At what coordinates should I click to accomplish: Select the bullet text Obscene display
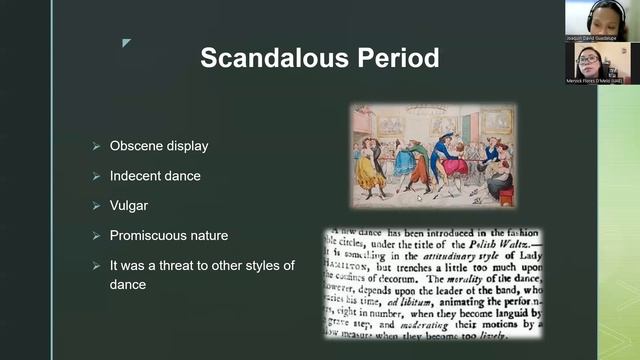tap(159, 146)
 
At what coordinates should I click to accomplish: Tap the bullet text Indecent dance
tap(155, 176)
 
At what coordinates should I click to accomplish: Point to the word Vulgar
tap(128, 206)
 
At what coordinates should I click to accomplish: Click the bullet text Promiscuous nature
tap(169, 236)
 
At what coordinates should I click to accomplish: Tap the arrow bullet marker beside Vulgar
tap(96, 206)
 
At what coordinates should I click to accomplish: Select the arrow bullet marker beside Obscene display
tap(96, 146)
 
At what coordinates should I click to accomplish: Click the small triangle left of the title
tap(126, 43)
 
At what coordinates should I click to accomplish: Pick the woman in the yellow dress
tap(369, 167)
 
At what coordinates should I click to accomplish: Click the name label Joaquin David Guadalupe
tap(593, 37)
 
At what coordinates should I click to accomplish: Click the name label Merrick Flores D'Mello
tap(593, 80)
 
